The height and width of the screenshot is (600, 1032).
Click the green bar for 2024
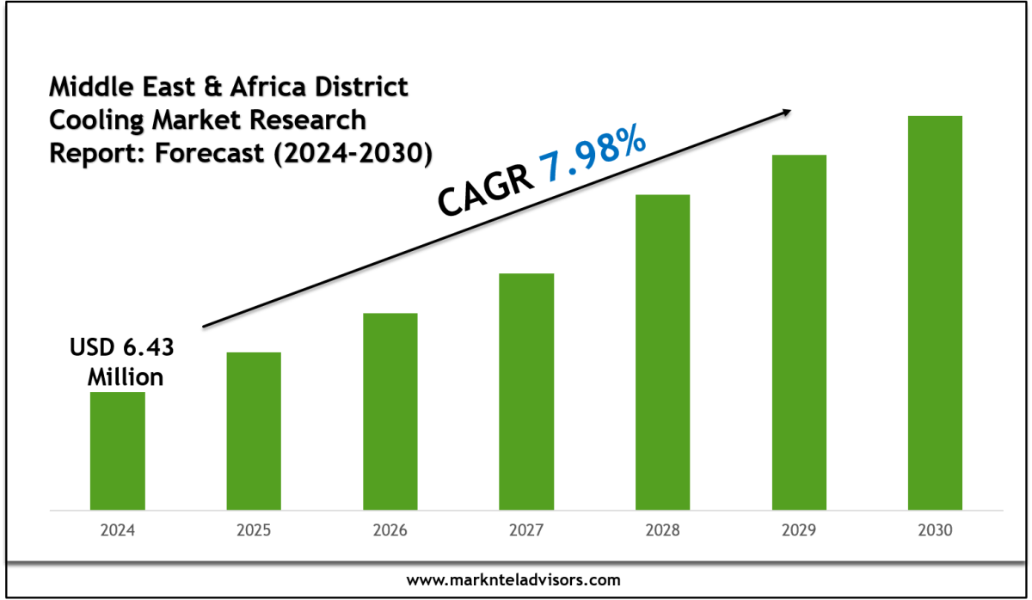pyautogui.click(x=118, y=450)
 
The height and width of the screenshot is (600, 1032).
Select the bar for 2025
pyautogui.click(x=254, y=431)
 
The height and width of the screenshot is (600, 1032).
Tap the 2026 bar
pyautogui.click(x=390, y=411)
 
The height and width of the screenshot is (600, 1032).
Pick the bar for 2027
pyautogui.click(x=526, y=391)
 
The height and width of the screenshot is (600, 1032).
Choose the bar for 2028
pyautogui.click(x=662, y=352)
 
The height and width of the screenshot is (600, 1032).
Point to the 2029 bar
pyautogui.click(x=799, y=332)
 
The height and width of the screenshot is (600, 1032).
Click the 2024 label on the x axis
pyautogui.click(x=118, y=530)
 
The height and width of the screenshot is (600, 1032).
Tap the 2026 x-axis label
pyautogui.click(x=390, y=530)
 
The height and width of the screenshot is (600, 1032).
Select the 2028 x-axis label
pyautogui.click(x=662, y=530)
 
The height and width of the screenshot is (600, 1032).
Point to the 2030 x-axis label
pyautogui.click(x=935, y=530)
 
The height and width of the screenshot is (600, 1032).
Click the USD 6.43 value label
pyautogui.click(x=121, y=348)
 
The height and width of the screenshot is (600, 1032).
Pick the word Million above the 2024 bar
pyautogui.click(x=126, y=377)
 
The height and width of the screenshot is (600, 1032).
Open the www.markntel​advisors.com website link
pyautogui.click(x=513, y=580)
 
